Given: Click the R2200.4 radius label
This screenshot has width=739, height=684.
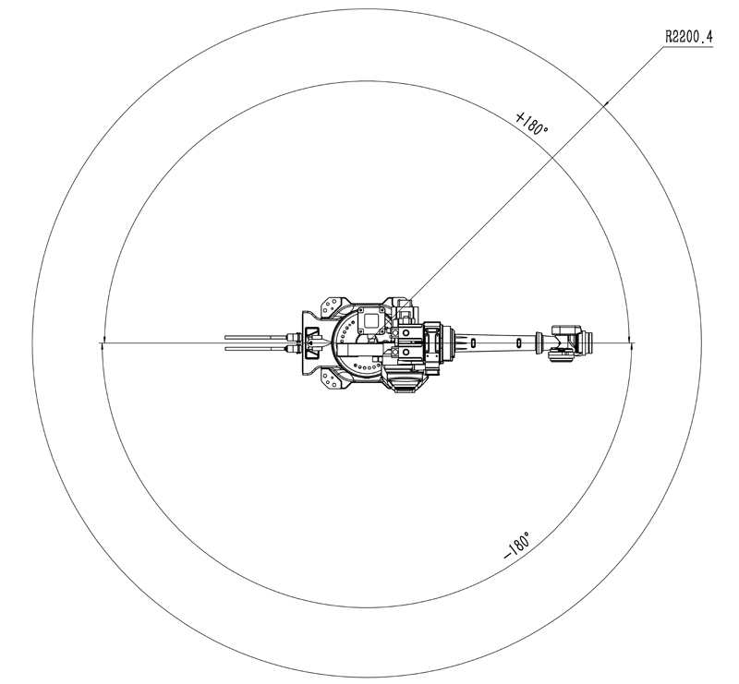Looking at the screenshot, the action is [688, 36].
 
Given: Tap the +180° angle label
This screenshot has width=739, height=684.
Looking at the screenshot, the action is [532, 123].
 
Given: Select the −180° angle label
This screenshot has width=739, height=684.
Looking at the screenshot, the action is [517, 546].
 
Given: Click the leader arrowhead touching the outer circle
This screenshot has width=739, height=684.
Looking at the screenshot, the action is [606, 102].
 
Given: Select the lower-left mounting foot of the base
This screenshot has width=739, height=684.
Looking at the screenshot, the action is [333, 379].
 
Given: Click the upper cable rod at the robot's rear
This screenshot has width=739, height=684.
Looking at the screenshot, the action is [257, 337].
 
